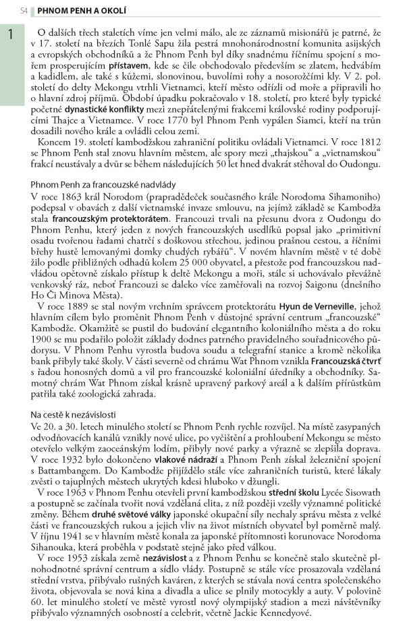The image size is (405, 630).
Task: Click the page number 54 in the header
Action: coord(24,11)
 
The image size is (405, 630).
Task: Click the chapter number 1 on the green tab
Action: coord(11,35)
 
